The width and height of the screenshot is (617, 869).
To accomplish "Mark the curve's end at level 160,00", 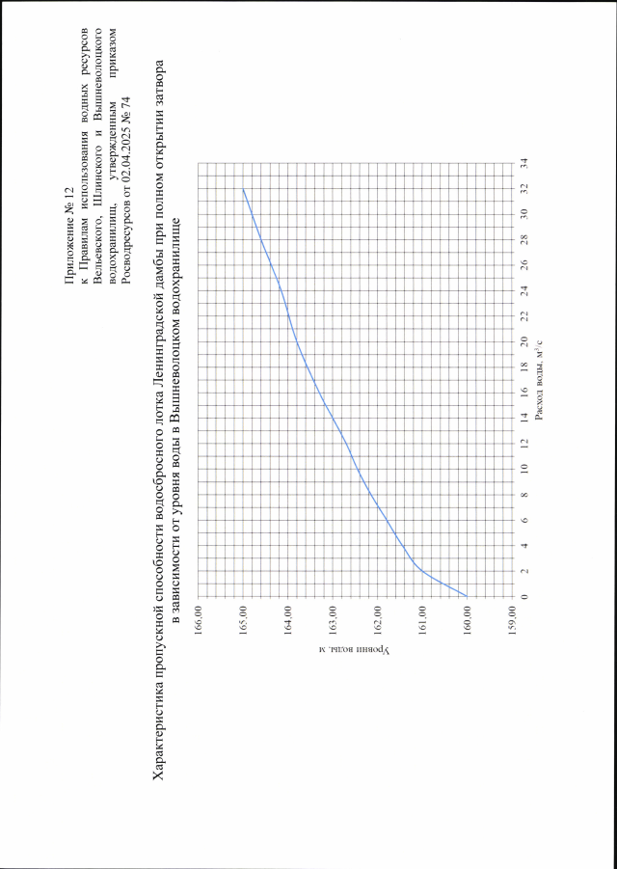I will coord(468,596).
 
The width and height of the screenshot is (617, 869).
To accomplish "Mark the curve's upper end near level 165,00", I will coord(243,188).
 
